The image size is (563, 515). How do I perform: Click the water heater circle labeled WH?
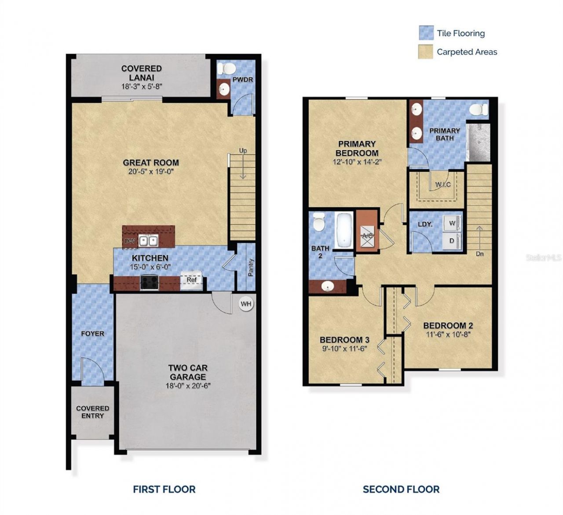[x=246, y=304]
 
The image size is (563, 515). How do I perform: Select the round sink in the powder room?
[x=224, y=89]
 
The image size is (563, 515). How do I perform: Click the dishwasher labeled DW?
[x=130, y=241]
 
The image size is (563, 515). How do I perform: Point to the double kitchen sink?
[x=149, y=241]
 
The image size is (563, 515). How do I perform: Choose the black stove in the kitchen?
[x=149, y=282]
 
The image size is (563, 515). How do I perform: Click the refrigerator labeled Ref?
[x=191, y=280]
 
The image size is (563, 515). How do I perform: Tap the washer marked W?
[x=452, y=223]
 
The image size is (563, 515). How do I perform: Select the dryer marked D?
[x=452, y=241]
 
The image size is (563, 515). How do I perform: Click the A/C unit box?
[x=367, y=236]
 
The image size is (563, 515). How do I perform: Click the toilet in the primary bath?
[x=479, y=109]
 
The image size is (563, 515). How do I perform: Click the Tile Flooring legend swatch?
[x=426, y=33]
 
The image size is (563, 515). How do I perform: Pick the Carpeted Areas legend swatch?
[x=425, y=51]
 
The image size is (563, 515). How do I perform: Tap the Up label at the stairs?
[x=243, y=151]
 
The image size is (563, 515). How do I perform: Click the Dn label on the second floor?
[x=479, y=254]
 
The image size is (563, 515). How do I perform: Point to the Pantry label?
[x=251, y=268]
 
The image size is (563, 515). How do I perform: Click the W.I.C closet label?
[x=443, y=184]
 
